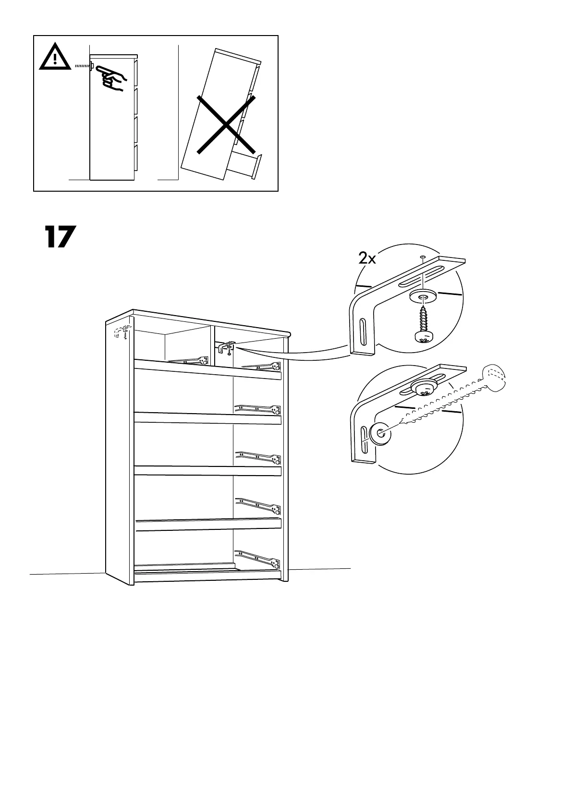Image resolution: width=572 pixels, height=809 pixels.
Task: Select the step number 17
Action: [61, 236]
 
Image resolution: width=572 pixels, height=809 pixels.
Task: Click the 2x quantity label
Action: [367, 259]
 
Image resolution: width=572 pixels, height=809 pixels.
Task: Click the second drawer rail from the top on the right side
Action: [257, 409]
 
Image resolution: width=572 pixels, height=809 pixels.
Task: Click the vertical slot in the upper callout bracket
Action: [362, 331]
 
